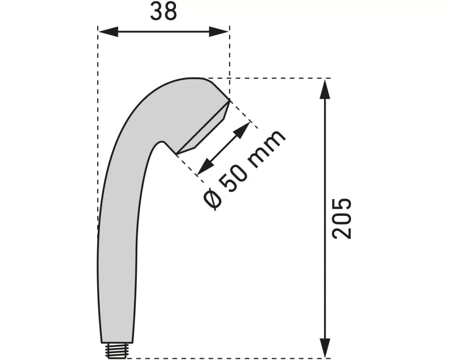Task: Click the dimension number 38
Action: point(163,13)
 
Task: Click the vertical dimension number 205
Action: point(341,218)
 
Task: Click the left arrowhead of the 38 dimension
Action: point(107,31)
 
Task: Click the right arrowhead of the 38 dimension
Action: point(220,31)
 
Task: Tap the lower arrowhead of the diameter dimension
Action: point(204,167)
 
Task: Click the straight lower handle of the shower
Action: point(116,279)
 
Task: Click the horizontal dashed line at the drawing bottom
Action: point(225,359)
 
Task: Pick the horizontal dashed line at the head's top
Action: point(270,78)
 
